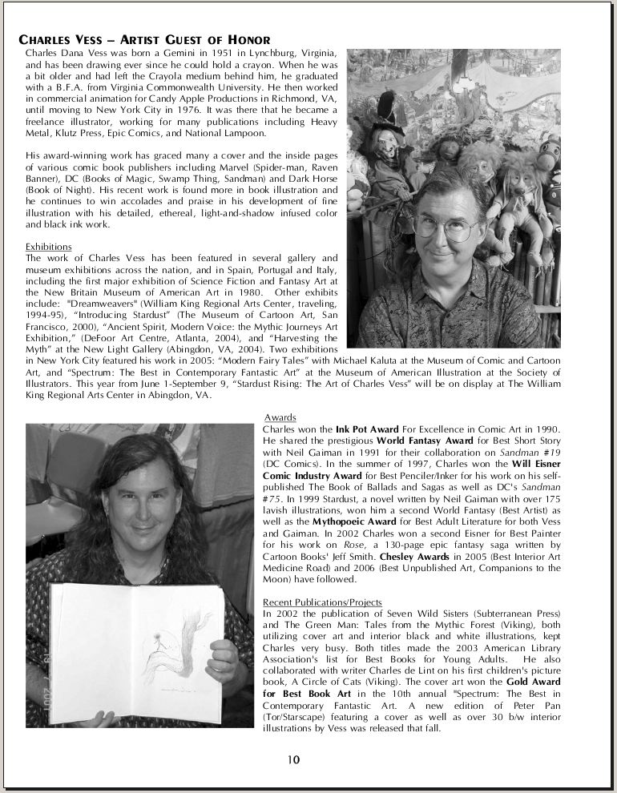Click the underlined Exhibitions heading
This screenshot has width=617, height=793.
pyautogui.click(x=49, y=247)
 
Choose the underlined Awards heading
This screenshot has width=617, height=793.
pyautogui.click(x=280, y=418)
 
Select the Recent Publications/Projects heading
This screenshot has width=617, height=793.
pyautogui.click(x=322, y=602)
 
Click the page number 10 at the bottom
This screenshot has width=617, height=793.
pyautogui.click(x=294, y=759)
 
